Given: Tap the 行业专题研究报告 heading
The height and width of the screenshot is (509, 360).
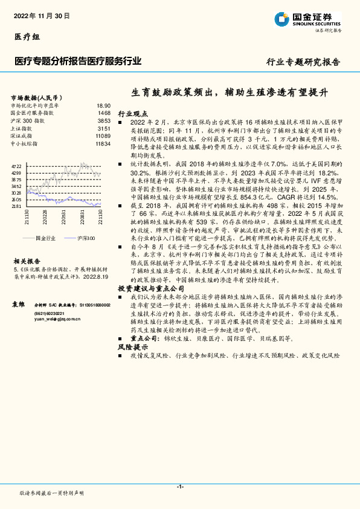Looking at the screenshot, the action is point(303,62).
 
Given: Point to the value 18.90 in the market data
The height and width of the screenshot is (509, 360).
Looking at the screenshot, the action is point(104,105).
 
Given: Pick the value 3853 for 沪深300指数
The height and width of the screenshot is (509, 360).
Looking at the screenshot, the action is point(104,121).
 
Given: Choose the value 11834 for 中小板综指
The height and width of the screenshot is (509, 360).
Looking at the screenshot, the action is point(103,144).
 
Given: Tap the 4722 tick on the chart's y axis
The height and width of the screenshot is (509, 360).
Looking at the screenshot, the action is point(16,166).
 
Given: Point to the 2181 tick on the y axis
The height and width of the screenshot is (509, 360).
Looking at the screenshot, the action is point(16,206).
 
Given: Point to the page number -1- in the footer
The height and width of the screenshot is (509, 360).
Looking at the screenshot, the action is point(180,487).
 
